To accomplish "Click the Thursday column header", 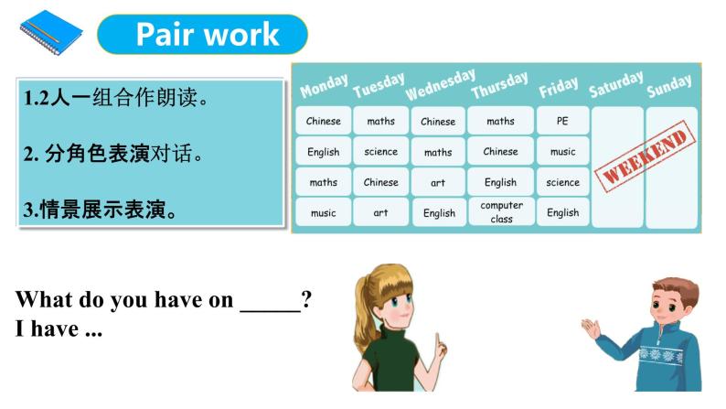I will click(500, 85).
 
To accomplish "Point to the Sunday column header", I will click(669, 86).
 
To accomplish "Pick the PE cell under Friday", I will click(562, 121).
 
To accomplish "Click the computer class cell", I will click(501, 212).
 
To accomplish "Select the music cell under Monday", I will click(323, 212).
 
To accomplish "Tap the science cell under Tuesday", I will click(380, 151).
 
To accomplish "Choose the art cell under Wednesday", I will click(438, 182).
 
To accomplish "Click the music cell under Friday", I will click(562, 151).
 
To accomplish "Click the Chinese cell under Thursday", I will click(500, 151).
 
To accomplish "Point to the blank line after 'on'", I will click(270, 300).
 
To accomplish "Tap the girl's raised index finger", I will click(440, 341).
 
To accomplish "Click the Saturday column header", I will click(615, 83).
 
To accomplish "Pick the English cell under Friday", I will click(562, 212).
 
